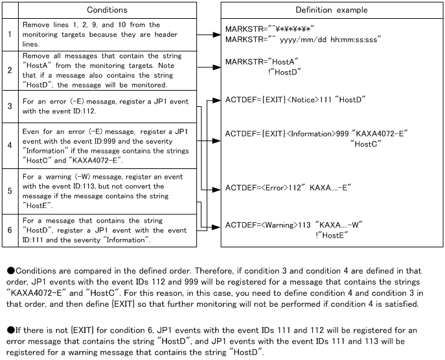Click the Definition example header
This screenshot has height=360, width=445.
click(x=331, y=10)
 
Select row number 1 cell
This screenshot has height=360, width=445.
click(x=10, y=33)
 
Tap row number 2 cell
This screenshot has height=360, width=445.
click(x=10, y=71)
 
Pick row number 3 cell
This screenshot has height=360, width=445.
click(x=10, y=104)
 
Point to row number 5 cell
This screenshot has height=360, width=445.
click(x=10, y=190)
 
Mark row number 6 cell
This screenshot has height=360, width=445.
click(x=10, y=230)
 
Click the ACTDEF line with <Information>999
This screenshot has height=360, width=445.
click(x=316, y=133)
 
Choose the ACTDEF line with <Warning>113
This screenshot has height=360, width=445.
click(x=293, y=225)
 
